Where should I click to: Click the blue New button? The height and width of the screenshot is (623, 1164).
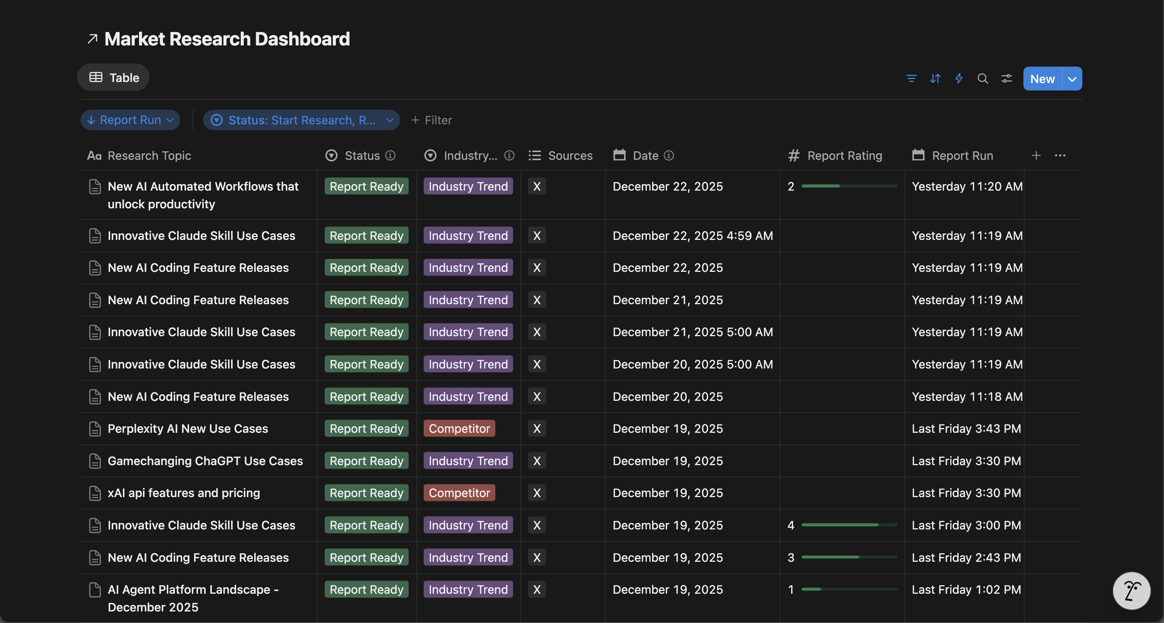click(1042, 79)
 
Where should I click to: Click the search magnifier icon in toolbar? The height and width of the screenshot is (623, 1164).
click(982, 79)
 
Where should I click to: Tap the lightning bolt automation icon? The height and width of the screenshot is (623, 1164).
click(959, 79)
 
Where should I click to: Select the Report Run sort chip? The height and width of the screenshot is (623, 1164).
click(130, 120)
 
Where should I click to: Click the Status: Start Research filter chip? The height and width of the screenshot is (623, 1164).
click(301, 120)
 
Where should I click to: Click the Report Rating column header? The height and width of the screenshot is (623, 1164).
click(844, 156)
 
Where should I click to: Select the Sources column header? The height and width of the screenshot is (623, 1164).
click(570, 156)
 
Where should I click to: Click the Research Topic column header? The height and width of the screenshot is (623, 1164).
click(149, 156)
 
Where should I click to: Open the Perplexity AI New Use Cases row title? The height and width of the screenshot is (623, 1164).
click(188, 429)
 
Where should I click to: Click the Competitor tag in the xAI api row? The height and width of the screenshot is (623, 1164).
click(459, 493)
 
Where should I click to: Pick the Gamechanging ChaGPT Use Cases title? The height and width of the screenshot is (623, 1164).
click(205, 461)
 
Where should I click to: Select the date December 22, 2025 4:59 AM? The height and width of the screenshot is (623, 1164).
click(692, 236)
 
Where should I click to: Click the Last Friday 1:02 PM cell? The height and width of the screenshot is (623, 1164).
click(966, 590)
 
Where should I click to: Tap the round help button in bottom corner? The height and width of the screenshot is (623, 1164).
click(1131, 591)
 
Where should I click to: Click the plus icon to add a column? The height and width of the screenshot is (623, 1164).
click(1036, 156)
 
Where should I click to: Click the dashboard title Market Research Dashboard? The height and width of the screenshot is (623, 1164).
click(227, 39)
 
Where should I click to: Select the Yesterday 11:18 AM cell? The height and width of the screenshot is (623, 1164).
click(967, 397)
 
